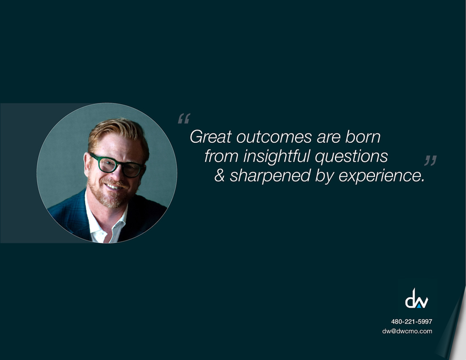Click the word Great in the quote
click(210, 137)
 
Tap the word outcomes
click(274, 137)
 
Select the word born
click(363, 136)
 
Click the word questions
click(351, 157)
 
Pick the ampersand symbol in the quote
click(219, 175)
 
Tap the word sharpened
click(270, 175)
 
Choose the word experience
click(381, 176)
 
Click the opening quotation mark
click(184, 118)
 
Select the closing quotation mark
click(430, 161)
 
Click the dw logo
click(417, 298)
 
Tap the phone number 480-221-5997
click(411, 321)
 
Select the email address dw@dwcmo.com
click(407, 331)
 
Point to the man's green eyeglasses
click(117, 165)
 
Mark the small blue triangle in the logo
click(418, 305)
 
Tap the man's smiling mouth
click(113, 186)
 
